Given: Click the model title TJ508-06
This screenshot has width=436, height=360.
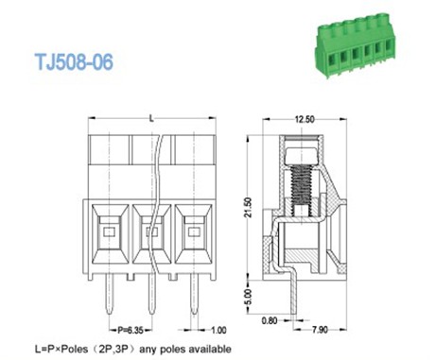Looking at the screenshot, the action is coord(74,61).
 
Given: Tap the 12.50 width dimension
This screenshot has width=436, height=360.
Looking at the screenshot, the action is coord(305,119).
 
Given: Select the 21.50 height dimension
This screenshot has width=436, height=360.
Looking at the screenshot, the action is coord(249,208).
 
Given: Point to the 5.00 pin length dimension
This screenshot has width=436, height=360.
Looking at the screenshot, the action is coord(249,297).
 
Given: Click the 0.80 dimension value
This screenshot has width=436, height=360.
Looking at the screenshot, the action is coord(270,320).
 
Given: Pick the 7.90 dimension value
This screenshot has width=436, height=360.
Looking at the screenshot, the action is coord(320,330).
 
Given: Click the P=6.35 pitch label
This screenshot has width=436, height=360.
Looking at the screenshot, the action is coord(131,330).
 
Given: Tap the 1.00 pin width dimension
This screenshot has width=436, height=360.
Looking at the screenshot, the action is coord(218,330).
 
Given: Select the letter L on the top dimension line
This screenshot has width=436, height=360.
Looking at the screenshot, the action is coord(151,118).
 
